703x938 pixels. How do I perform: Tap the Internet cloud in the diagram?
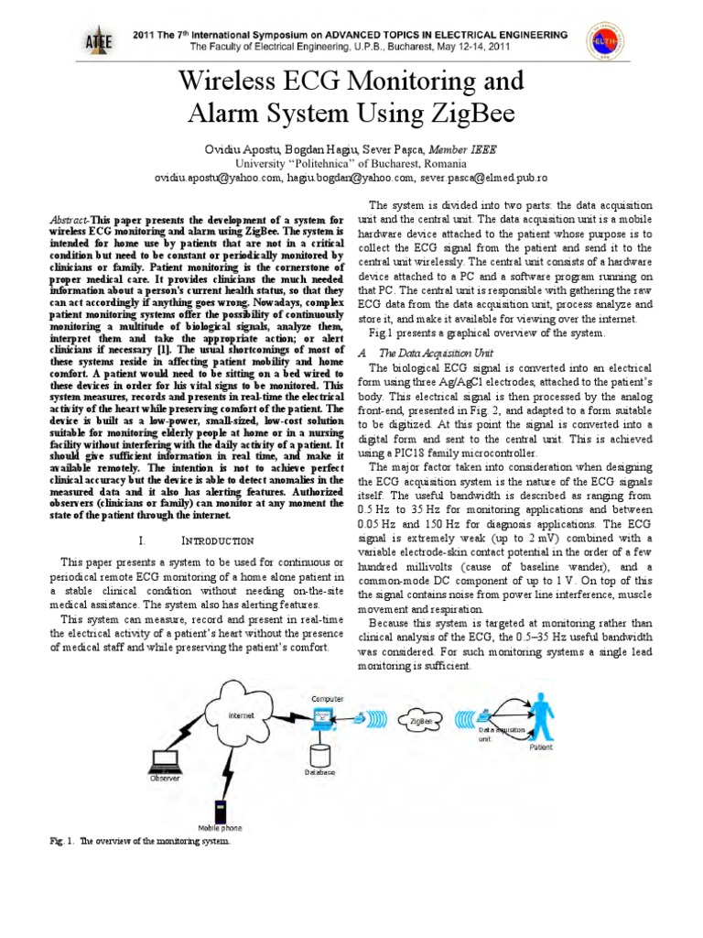coord(242,714)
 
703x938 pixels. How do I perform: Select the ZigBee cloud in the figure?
coord(420,722)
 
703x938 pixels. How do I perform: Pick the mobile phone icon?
coord(220,812)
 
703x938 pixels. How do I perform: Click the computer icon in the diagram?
coord(326,719)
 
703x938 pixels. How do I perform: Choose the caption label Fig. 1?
coord(63,840)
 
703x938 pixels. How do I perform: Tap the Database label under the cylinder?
coord(320,773)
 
